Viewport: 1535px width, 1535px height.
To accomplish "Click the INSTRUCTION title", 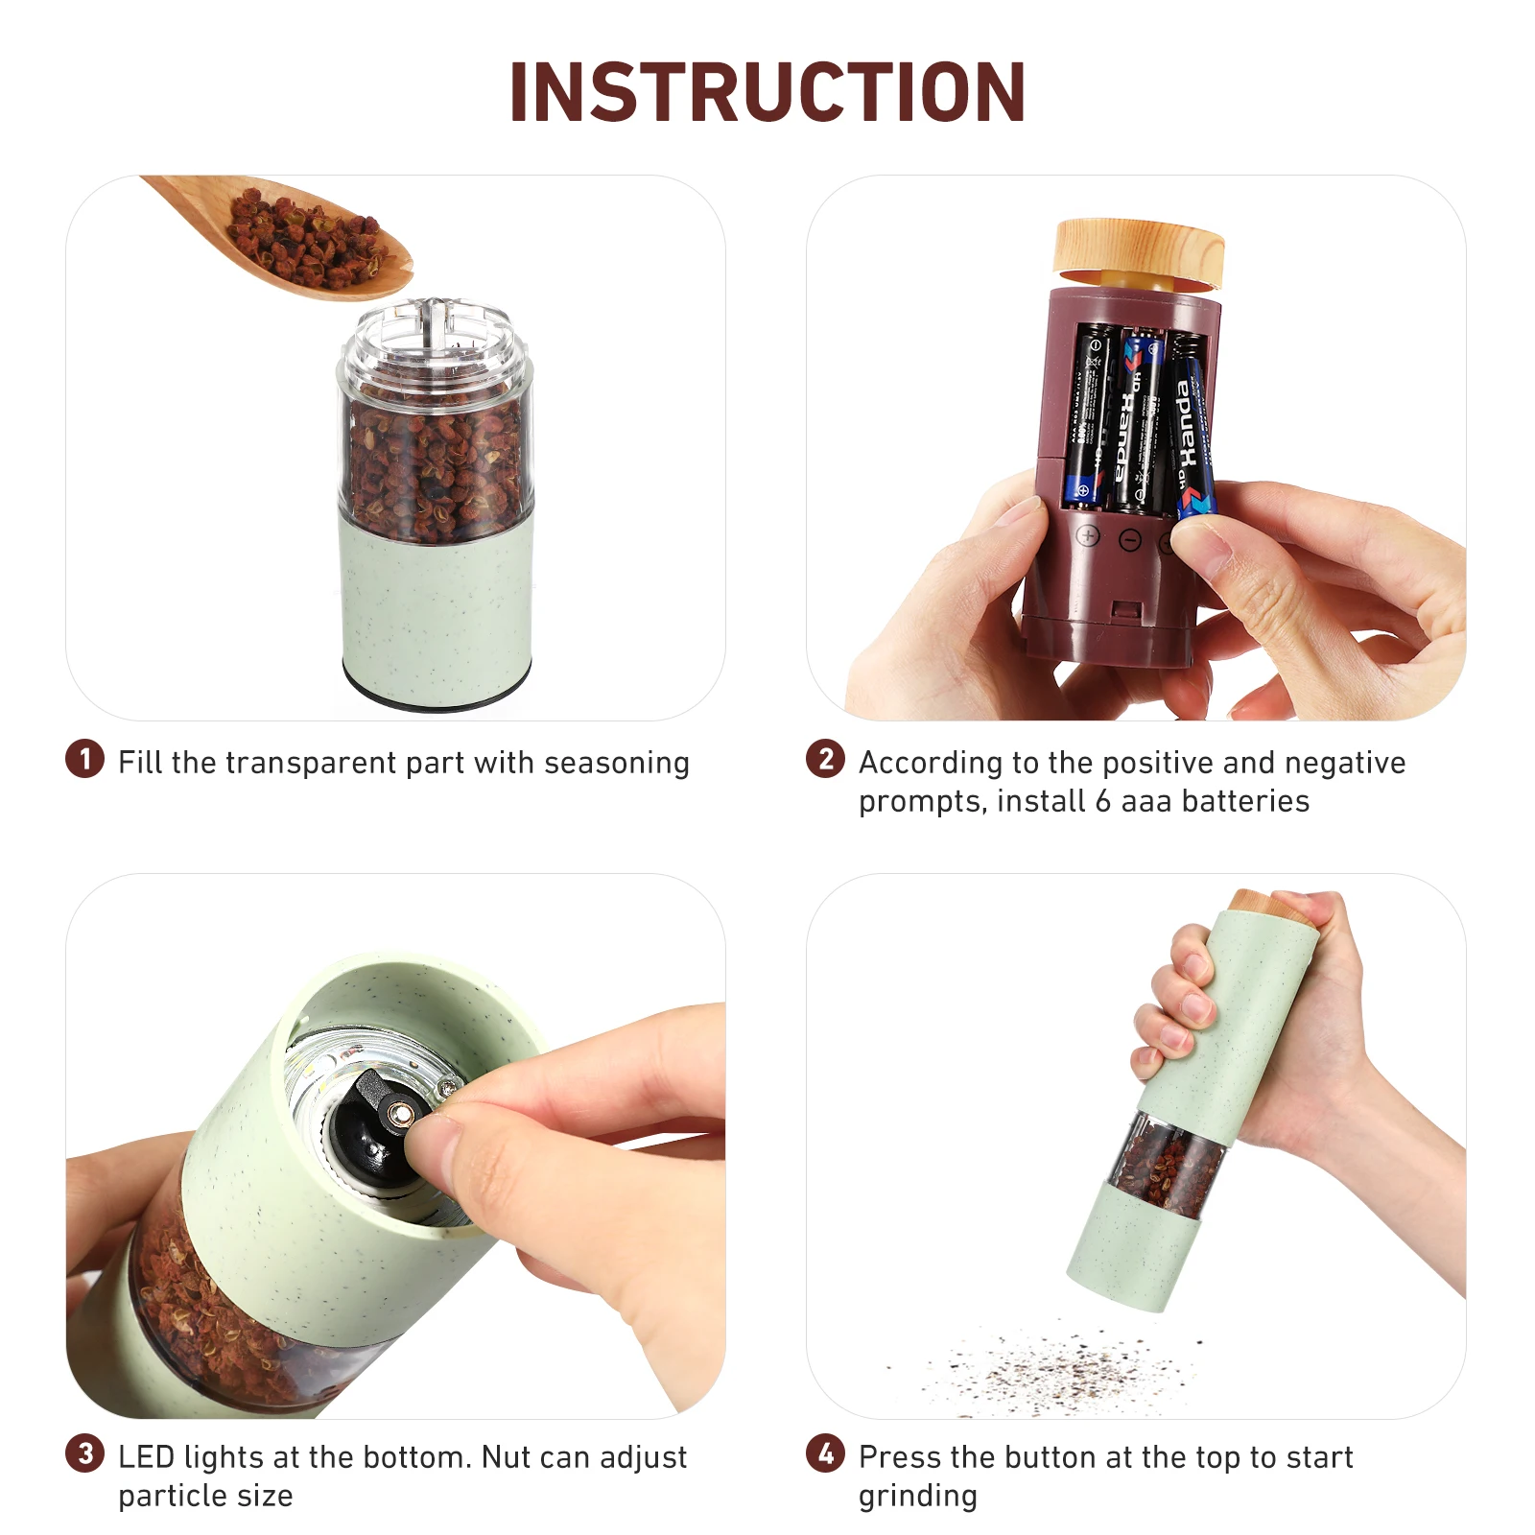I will pyautogui.click(x=767, y=92).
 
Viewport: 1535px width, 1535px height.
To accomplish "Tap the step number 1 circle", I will pyautogui.click(x=84, y=759).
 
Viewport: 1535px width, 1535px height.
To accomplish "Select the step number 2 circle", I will pyautogui.click(x=825, y=759).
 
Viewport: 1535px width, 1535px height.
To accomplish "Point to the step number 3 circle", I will pyautogui.click(x=84, y=1453).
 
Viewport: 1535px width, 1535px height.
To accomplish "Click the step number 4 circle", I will pyautogui.click(x=825, y=1453).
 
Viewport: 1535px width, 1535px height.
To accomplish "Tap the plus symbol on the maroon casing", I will pyautogui.click(x=1087, y=536).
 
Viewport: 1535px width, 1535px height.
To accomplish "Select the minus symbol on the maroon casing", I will pyautogui.click(x=1130, y=541).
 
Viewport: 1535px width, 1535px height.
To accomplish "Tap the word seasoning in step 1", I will pyautogui.click(x=616, y=763).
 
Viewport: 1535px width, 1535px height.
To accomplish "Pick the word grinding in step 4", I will pyautogui.click(x=917, y=1496).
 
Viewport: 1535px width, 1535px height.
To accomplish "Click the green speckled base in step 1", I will pyautogui.click(x=437, y=614).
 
